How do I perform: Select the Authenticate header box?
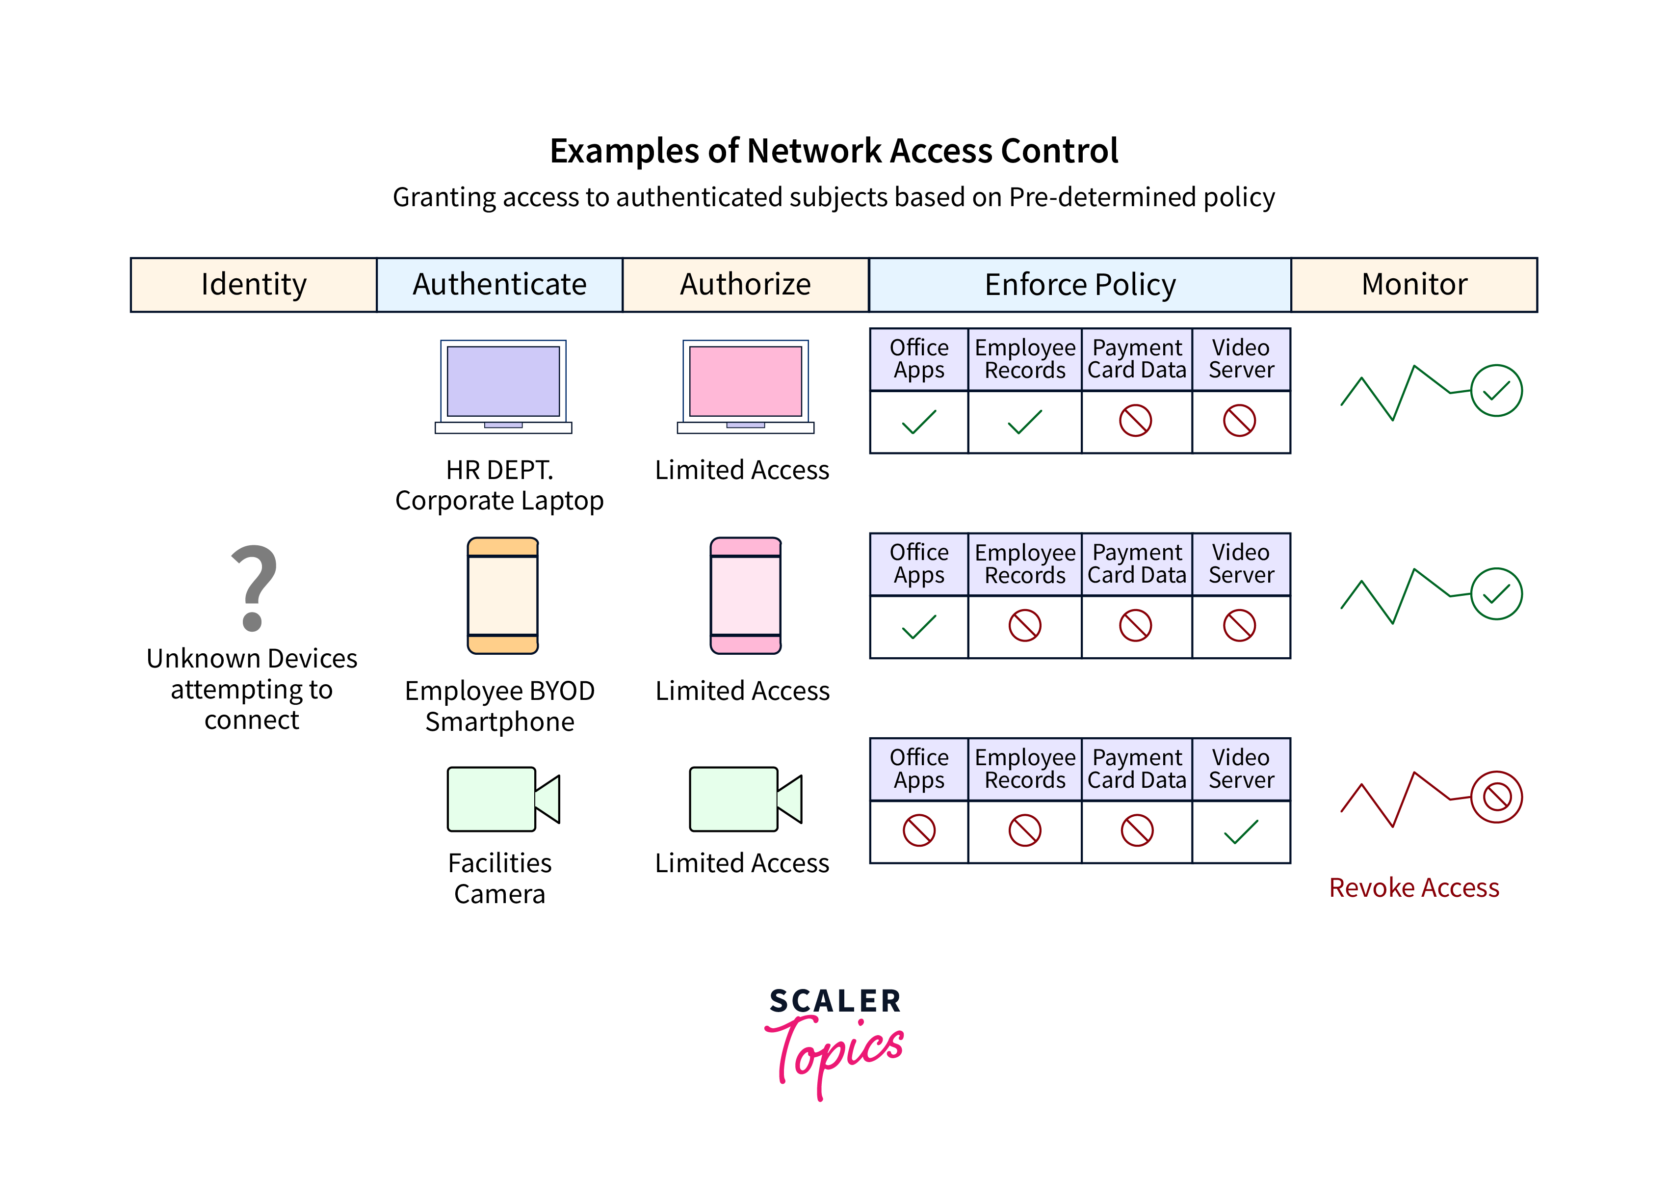tap(499, 285)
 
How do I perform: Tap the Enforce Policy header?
tap(1079, 285)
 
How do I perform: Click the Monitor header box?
tap(1414, 285)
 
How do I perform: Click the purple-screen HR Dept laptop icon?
tap(503, 386)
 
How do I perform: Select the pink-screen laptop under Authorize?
tap(746, 386)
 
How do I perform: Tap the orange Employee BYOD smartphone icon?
tap(503, 596)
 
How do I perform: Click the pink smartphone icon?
tap(746, 596)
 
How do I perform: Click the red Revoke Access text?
tap(1414, 888)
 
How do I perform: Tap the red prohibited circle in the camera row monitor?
tap(1496, 797)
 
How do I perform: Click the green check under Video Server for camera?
tap(1241, 831)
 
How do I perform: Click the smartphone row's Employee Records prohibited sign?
tap(1024, 626)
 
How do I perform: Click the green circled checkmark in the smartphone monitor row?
tap(1496, 593)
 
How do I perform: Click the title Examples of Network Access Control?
tap(834, 151)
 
